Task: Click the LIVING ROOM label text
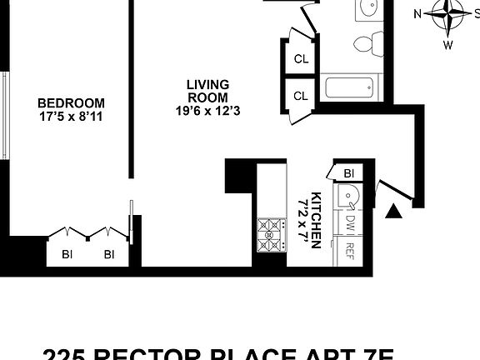(207, 91)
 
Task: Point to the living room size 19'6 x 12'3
(207, 111)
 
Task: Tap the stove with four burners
(270, 231)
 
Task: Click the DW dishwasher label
(350, 222)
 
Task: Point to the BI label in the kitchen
(349, 173)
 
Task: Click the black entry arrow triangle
(396, 213)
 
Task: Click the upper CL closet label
(301, 59)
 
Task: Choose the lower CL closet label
(301, 96)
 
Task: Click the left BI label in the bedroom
(66, 255)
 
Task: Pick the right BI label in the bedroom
(108, 255)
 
